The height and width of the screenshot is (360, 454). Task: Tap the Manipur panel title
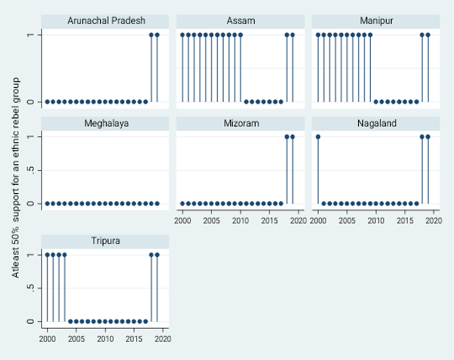pyautogui.click(x=376, y=21)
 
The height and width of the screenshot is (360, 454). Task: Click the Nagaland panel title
pyautogui.click(x=376, y=123)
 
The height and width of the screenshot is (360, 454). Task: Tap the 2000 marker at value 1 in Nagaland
pyautogui.click(x=318, y=137)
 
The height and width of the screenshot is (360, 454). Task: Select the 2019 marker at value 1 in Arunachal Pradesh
pyautogui.click(x=157, y=35)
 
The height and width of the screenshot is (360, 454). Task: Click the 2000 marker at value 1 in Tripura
pyautogui.click(x=47, y=254)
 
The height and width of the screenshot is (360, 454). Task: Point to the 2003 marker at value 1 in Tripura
pyautogui.click(x=65, y=254)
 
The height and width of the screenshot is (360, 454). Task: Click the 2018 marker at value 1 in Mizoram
pyautogui.click(x=286, y=137)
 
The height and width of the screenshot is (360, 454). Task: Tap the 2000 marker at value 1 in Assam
pyautogui.click(x=182, y=35)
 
